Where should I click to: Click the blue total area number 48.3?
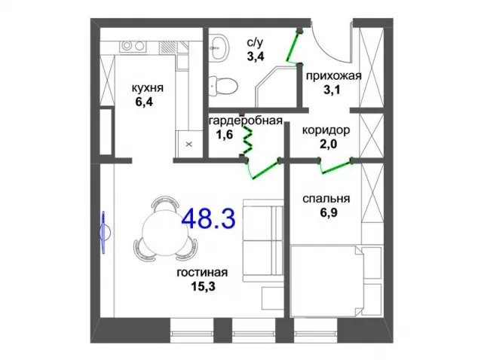click(209, 218)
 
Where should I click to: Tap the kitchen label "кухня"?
click(147, 88)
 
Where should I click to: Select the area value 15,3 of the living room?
click(203, 286)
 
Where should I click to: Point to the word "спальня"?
click(326, 199)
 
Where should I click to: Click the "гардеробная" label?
click(246, 121)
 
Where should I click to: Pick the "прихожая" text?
click(334, 76)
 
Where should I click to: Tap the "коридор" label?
click(326, 130)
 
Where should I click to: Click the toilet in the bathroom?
click(223, 86)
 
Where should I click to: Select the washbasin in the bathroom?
click(219, 48)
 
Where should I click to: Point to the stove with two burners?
click(133, 46)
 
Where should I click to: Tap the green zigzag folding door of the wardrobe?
click(247, 140)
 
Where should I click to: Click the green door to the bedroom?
click(335, 168)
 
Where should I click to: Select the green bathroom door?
click(293, 47)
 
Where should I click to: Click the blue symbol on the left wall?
click(105, 233)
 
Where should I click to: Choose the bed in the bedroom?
click(336, 280)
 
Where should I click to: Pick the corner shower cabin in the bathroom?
click(277, 87)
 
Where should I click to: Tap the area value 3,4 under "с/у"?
click(256, 56)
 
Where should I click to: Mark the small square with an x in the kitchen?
click(189, 144)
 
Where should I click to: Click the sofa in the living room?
click(263, 240)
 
